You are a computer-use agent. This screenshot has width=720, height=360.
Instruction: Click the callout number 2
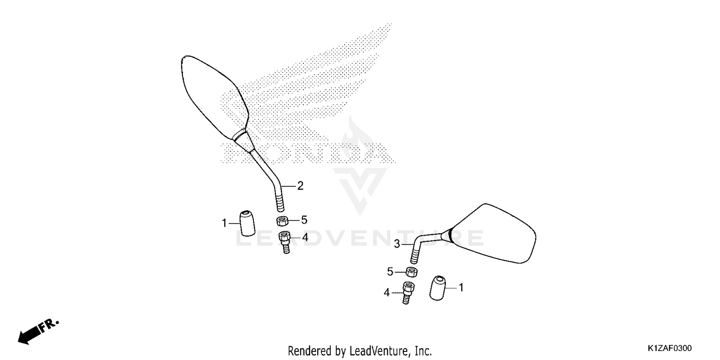300,186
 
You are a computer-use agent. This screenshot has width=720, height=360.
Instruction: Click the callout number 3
397,244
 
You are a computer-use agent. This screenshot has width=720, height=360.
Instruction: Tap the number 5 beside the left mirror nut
304,220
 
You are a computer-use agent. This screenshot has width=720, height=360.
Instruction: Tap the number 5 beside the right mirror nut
390,272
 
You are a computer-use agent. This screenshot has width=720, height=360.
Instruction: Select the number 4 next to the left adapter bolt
305,238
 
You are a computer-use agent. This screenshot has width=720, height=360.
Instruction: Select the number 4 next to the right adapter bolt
387,293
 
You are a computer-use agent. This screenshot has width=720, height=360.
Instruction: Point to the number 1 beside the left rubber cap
224,223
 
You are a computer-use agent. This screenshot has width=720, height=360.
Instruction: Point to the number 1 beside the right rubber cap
461,288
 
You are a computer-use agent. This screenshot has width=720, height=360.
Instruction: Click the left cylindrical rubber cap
248,223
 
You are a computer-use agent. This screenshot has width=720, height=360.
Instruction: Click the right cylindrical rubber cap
438,288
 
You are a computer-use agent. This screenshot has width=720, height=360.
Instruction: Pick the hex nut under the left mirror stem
282,221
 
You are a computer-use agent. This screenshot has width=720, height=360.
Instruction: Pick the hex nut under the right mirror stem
412,272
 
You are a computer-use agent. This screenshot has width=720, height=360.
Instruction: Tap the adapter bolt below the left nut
285,242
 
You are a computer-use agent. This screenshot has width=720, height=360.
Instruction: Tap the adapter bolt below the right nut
408,293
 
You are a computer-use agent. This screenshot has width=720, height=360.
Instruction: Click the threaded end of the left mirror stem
280,203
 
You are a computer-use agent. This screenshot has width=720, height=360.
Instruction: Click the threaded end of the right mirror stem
414,256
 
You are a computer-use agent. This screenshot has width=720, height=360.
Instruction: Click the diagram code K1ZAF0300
670,348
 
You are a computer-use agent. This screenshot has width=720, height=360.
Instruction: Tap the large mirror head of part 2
215,98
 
